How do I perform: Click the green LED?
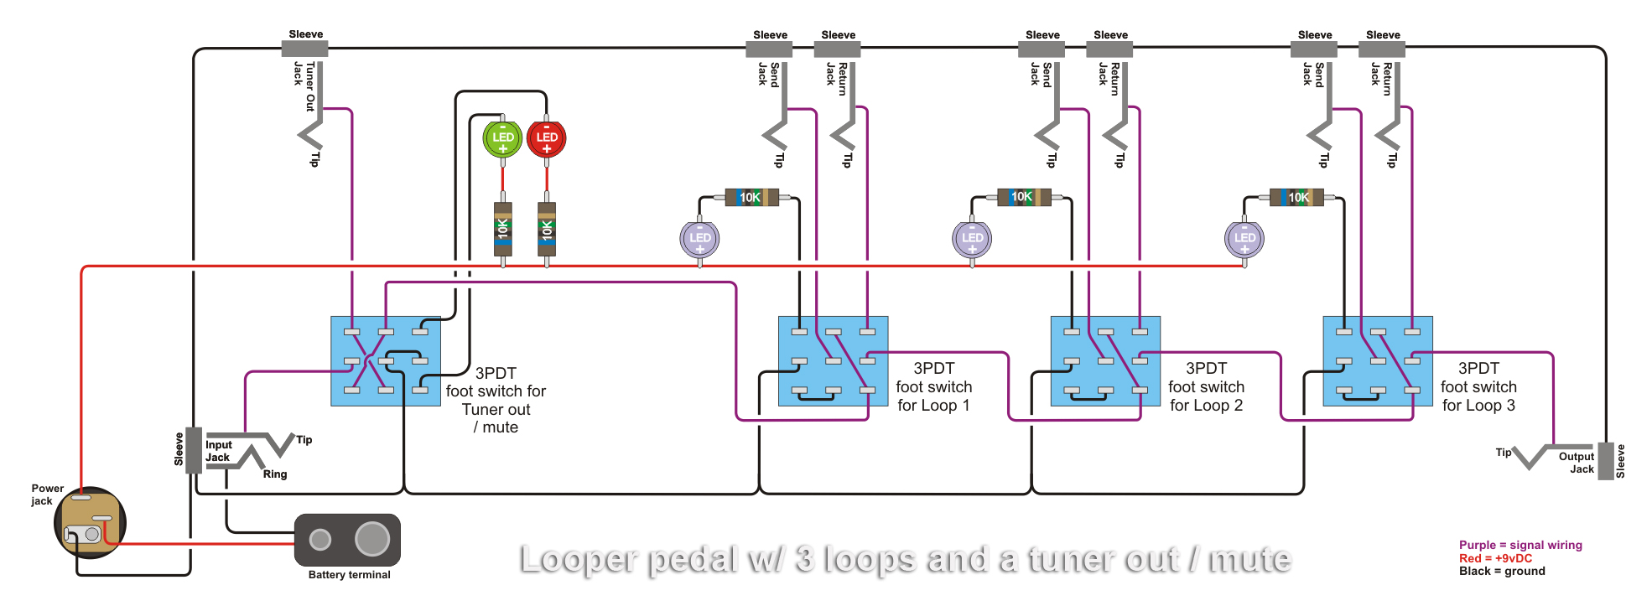[x=502, y=139]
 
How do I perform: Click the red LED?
[x=547, y=139]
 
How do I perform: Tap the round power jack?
[x=90, y=523]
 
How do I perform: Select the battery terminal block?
[x=347, y=540]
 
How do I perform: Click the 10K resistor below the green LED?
[x=503, y=228]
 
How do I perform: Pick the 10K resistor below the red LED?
[x=547, y=228]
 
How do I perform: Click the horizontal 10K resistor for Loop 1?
[x=751, y=198]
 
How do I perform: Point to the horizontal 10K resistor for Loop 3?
[x=1296, y=198]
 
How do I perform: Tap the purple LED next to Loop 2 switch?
[x=972, y=239]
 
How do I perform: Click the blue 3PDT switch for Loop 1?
[x=833, y=361]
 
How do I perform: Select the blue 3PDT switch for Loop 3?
[x=1377, y=361]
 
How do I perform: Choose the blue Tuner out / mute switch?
[x=386, y=361]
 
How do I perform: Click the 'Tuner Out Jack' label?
[x=304, y=85]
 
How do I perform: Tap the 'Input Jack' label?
[x=218, y=451]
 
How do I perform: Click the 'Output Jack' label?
[x=1577, y=463]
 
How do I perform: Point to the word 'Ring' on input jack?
[x=275, y=474]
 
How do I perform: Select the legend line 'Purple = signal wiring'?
[x=1520, y=545]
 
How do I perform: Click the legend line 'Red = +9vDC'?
[x=1495, y=558]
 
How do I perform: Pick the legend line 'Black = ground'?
[x=1501, y=572]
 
